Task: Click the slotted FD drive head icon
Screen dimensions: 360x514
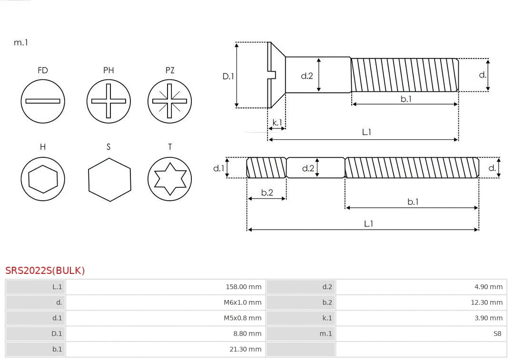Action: coord(43,101)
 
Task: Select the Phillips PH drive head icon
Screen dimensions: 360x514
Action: coord(109,101)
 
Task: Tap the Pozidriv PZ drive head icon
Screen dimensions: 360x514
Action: coord(170,101)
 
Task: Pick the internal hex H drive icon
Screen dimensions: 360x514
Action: coord(43,179)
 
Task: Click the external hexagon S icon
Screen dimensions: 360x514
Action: coord(109,179)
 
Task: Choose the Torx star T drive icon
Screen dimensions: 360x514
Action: coord(170,179)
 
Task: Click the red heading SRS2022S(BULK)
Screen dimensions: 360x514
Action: coord(45,271)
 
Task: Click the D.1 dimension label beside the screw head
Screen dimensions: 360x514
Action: coord(228,76)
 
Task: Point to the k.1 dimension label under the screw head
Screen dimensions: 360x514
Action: coord(277,123)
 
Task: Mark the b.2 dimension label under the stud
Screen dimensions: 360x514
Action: coord(267,193)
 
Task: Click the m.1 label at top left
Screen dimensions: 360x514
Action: coord(21,42)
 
